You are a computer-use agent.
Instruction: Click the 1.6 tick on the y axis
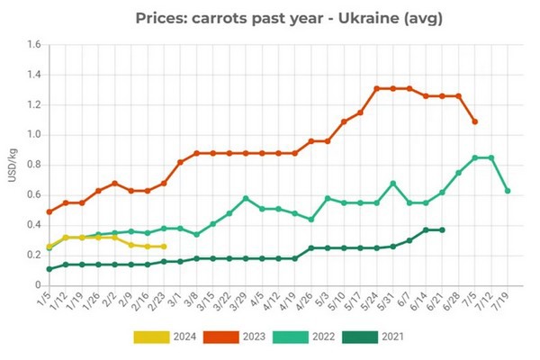[x=33, y=45]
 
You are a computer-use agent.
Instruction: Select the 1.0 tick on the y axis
[x=33, y=135]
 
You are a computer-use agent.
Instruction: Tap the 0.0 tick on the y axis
[x=33, y=284]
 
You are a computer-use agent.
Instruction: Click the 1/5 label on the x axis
[x=42, y=299]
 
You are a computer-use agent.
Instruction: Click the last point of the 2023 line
[x=475, y=121]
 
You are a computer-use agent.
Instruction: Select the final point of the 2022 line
[x=508, y=191]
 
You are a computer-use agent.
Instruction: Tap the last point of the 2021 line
[x=442, y=229]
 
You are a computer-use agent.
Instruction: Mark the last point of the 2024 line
[x=163, y=247]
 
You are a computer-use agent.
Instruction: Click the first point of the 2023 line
[x=49, y=211]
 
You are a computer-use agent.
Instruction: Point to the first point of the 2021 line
[x=49, y=268]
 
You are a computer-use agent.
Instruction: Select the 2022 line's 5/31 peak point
[x=393, y=184]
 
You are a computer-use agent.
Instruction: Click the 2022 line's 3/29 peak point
[x=246, y=198]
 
